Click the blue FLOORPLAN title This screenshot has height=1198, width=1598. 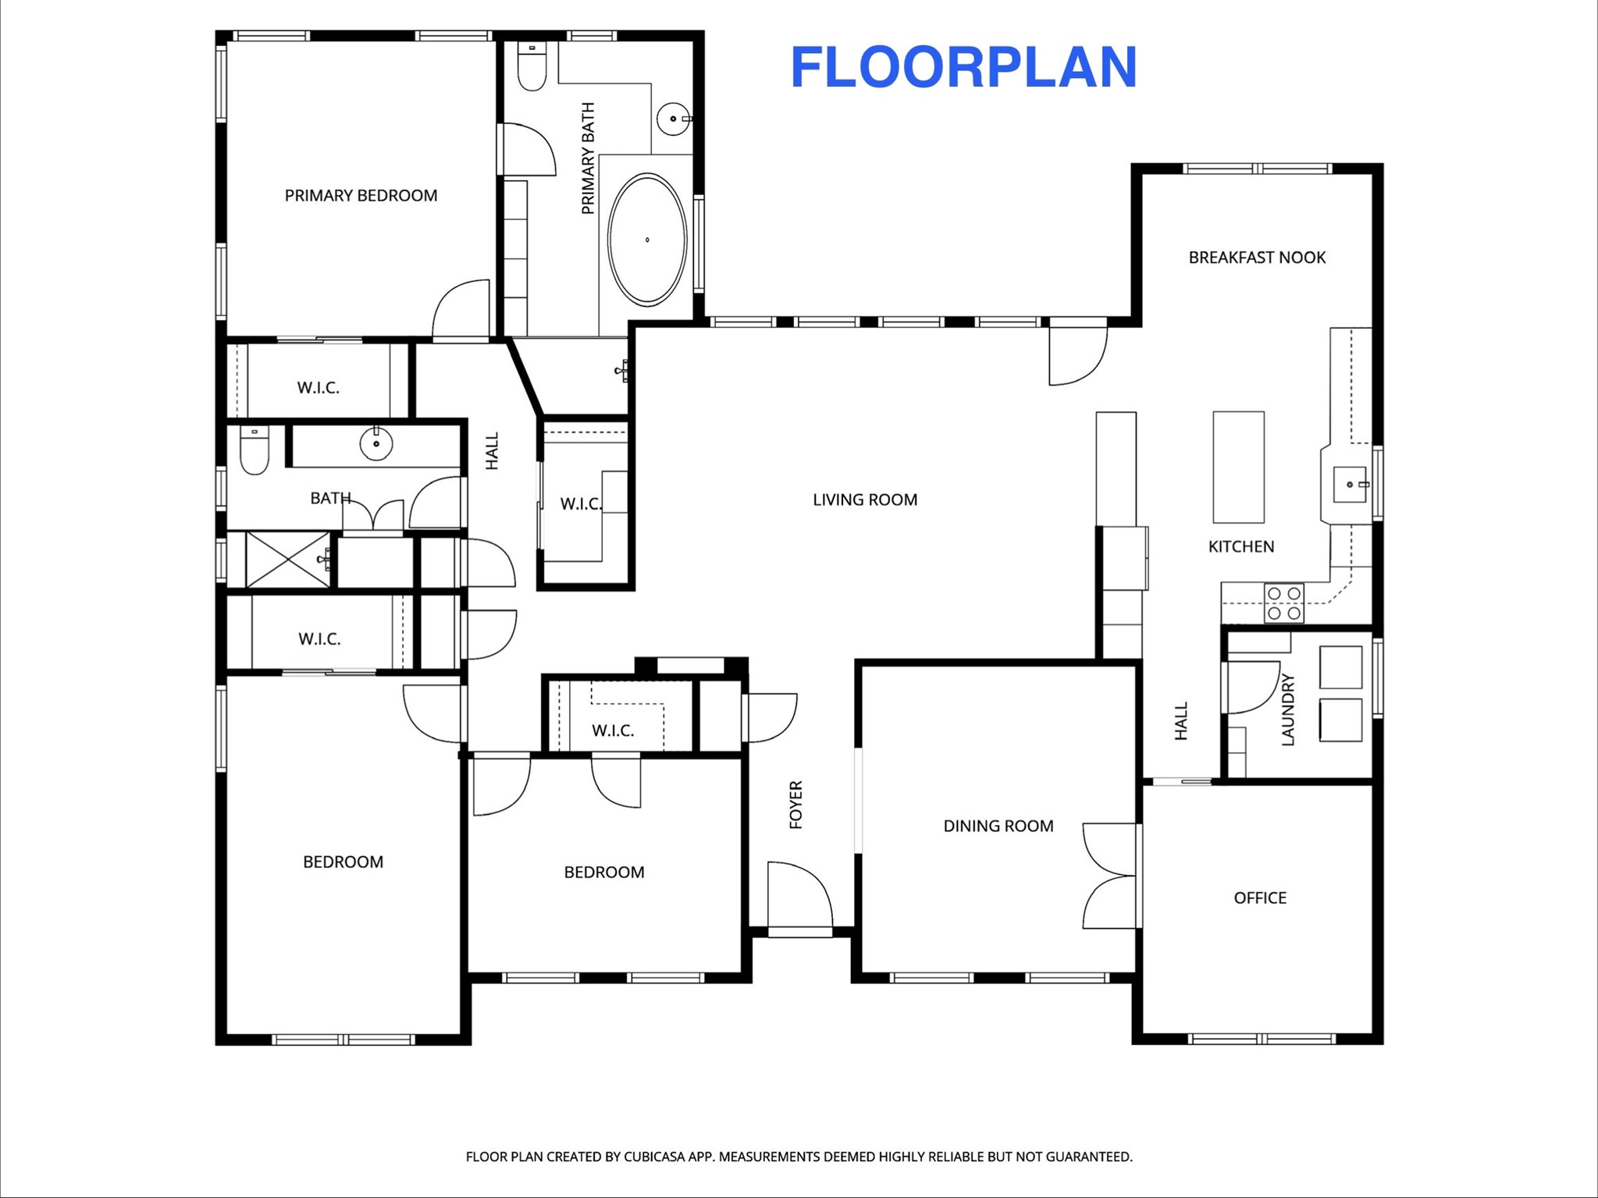point(963,67)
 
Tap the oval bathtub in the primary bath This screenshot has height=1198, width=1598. point(647,239)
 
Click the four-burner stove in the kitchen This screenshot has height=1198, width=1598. point(1283,603)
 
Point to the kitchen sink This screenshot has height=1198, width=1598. point(1350,485)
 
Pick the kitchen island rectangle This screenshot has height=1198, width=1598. point(1238,467)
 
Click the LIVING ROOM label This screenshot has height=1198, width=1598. point(865,499)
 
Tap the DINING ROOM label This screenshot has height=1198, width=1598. point(998,826)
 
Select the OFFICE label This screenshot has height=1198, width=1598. point(1260,898)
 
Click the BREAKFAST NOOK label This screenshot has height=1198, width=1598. point(1257,258)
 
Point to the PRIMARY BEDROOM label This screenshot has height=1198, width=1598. point(361,195)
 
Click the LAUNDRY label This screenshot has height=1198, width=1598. point(1288,709)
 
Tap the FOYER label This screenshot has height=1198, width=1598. point(795,804)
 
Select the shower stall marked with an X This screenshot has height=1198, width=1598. point(287,559)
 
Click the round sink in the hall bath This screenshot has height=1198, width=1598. point(376,443)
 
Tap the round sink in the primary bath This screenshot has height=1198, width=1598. point(673,119)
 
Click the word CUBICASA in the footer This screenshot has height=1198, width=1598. point(667,1157)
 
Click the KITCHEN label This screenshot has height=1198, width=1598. point(1241,546)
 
